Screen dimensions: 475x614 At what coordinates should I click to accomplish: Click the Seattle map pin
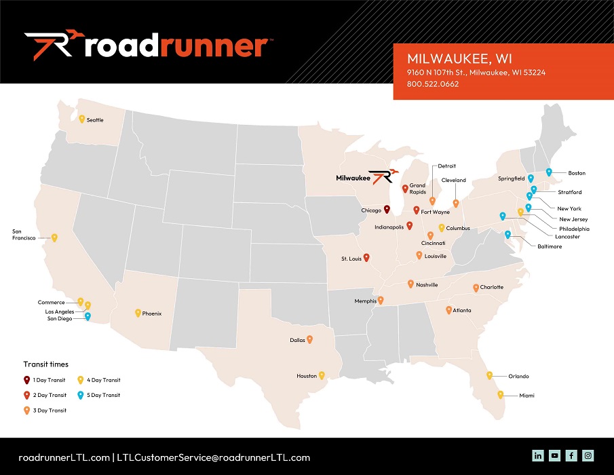(81, 119)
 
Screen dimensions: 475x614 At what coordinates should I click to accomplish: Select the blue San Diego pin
(88, 316)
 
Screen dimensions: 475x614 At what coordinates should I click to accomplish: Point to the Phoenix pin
(138, 313)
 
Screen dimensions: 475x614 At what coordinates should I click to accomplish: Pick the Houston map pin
(322, 375)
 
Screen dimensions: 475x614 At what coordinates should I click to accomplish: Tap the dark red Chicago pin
(387, 210)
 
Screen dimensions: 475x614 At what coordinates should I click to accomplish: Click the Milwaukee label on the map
(353, 178)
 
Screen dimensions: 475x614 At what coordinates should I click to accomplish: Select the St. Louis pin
(366, 257)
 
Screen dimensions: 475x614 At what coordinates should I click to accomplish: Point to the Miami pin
(501, 394)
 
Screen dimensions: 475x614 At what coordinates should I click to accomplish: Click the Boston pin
(549, 172)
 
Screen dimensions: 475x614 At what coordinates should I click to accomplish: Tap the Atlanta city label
(462, 310)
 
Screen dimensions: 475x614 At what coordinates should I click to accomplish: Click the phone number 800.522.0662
(433, 84)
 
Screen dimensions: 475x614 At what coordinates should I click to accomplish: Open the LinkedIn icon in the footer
(538, 455)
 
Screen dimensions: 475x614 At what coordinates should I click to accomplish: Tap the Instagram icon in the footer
(588, 455)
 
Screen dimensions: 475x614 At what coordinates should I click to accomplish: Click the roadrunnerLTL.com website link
(64, 457)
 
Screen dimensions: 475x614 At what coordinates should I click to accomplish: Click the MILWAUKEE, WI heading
(450, 57)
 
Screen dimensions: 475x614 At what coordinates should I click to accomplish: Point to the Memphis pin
(381, 300)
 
